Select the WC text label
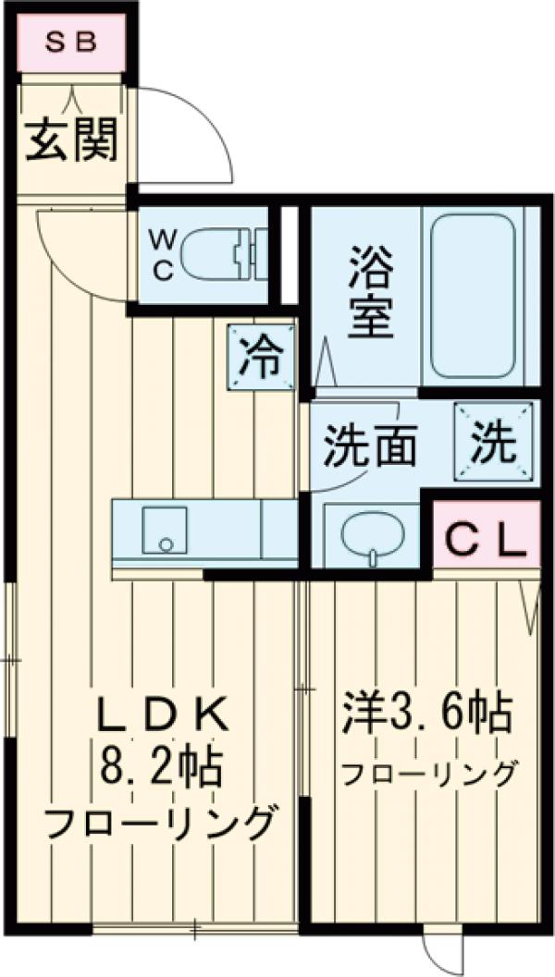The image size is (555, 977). coord(161,254)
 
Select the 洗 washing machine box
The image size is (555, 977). coord(494,443)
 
